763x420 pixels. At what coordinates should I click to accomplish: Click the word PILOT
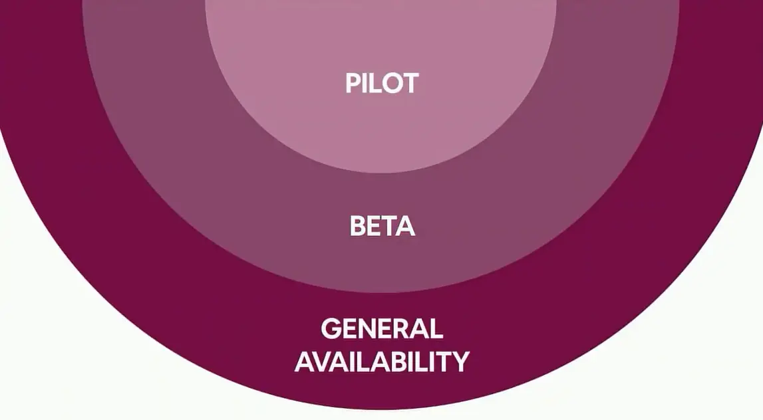[x=382, y=83]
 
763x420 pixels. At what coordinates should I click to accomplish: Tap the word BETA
[x=382, y=227]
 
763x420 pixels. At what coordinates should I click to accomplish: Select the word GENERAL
[x=382, y=329]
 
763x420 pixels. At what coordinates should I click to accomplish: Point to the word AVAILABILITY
[x=382, y=362]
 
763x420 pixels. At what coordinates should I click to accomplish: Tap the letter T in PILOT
[x=409, y=83]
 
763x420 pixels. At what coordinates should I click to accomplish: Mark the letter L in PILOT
[x=373, y=83]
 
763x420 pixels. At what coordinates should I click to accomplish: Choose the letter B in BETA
[x=357, y=227]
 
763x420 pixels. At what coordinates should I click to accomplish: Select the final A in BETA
[x=404, y=227]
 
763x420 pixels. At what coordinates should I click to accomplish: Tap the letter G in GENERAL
[x=331, y=329]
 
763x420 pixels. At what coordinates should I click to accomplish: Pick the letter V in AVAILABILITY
[x=323, y=362]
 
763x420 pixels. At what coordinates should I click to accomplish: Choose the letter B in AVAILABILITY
[x=397, y=362]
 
